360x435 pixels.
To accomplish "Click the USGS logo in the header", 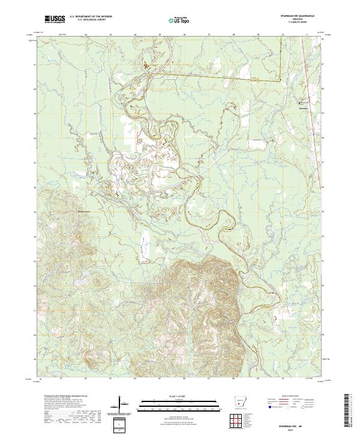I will coord(55,19).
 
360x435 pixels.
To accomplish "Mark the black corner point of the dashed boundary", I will coord(280,80).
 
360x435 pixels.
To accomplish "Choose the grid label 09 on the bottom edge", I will coord(258,379).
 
